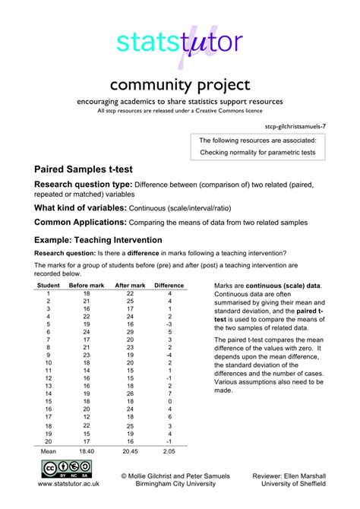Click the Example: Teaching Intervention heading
coord(98,239)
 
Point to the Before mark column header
coord(87,285)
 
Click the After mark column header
coord(130,285)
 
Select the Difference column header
coord(169,285)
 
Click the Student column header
coord(48,285)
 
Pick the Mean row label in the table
coord(48,451)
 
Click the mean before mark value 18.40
coord(87,451)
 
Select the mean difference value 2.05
coord(170,451)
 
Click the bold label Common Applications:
coord(81,222)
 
